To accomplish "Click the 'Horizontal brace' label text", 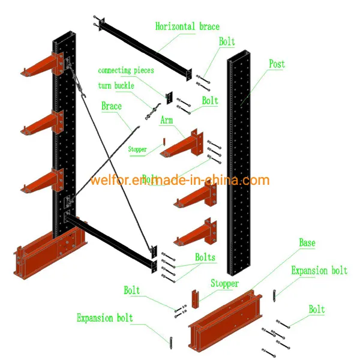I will (x=187, y=26).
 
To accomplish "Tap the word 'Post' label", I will (x=277, y=64).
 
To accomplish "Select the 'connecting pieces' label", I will (x=126, y=71).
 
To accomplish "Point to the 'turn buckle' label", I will (x=116, y=85).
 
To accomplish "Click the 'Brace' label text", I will (x=111, y=106).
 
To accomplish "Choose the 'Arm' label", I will (x=166, y=121).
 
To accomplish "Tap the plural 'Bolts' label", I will (x=205, y=257).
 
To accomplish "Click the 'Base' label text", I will (x=307, y=243).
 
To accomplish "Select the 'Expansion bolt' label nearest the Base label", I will (x=319, y=271).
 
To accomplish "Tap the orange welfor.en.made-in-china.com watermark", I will (x=180, y=180).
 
